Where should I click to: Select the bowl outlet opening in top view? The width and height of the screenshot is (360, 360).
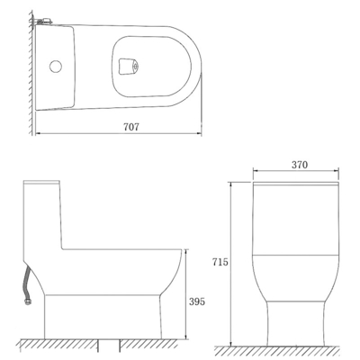128,65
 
